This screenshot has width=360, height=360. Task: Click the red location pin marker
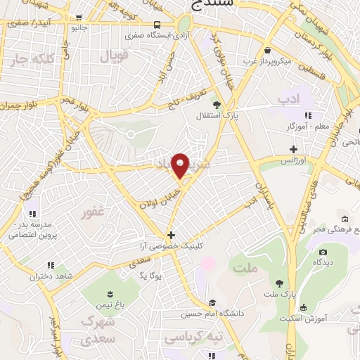point(181,166)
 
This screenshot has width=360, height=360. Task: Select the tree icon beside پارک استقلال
point(217,105)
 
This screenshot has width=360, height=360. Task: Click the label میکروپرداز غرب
point(269,60)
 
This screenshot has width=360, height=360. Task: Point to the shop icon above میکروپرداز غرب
point(269,51)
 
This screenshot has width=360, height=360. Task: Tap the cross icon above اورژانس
point(293,150)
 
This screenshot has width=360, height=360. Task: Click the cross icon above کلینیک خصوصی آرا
point(169,235)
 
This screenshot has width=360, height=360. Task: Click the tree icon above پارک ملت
point(281,283)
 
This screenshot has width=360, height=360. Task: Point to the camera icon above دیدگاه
point(323,252)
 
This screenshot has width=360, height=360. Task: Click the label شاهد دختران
point(51,276)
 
